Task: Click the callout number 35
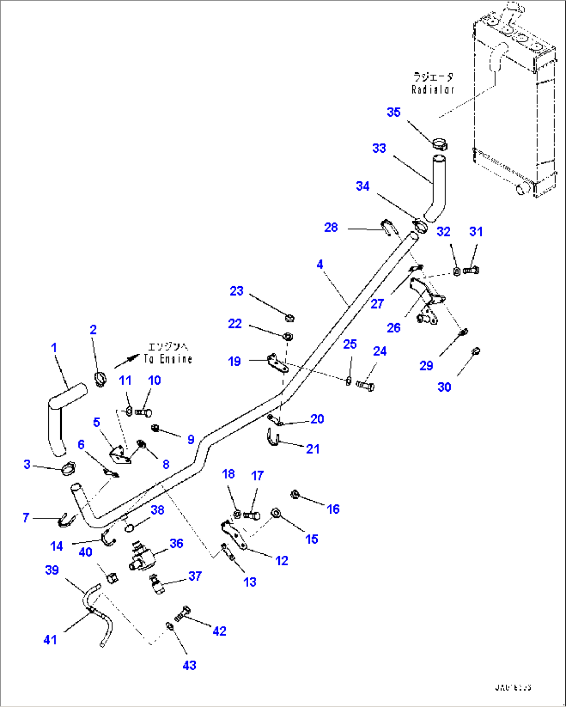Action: click(394, 112)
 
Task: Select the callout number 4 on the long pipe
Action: click(320, 264)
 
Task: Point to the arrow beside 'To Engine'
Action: click(127, 359)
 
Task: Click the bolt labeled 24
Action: click(366, 386)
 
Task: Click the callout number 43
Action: click(190, 665)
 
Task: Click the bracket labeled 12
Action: click(233, 535)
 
